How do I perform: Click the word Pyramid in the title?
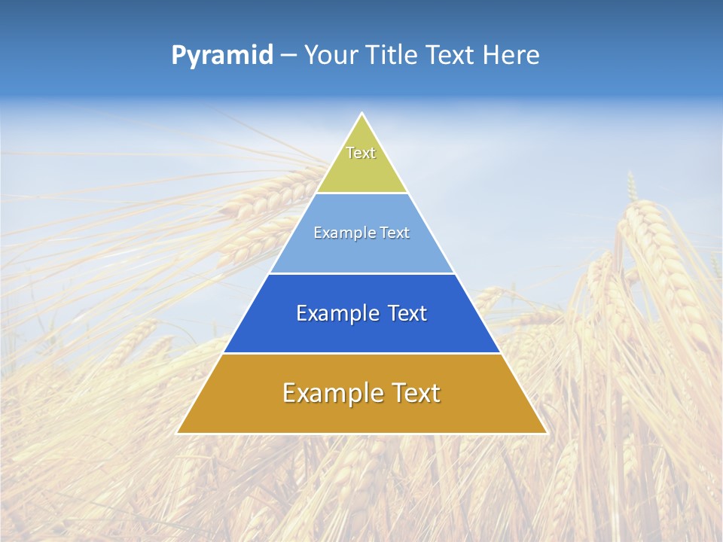click(221, 56)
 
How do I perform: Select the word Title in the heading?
click(396, 55)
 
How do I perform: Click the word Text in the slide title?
click(452, 55)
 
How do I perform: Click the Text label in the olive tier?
click(361, 153)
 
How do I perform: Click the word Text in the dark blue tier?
click(407, 313)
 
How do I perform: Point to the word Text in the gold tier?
click(415, 393)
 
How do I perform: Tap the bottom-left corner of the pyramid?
click(178, 433)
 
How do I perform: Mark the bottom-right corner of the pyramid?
click(546, 433)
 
